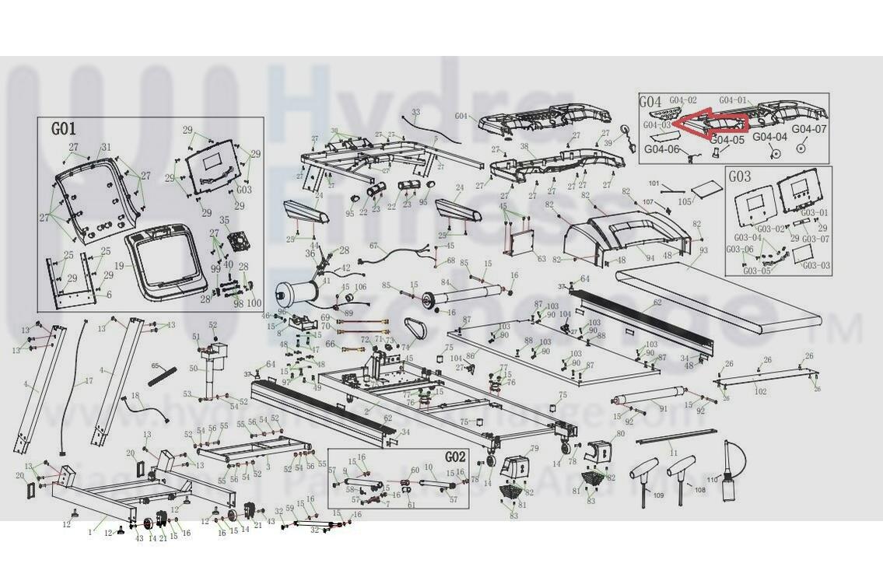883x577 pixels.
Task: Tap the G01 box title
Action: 64,128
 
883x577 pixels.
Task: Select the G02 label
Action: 455,456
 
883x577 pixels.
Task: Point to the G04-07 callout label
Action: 809,129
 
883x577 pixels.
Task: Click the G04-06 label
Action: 661,149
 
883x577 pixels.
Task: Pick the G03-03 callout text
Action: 816,266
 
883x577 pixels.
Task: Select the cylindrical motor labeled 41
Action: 297,296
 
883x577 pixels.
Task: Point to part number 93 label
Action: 703,250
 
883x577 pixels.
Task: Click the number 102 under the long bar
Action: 760,392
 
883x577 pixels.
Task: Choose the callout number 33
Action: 415,113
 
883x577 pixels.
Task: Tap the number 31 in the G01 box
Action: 106,148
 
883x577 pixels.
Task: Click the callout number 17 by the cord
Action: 89,381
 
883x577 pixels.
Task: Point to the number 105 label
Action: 685,201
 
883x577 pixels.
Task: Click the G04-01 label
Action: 733,100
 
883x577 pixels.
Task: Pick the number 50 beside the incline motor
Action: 194,369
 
